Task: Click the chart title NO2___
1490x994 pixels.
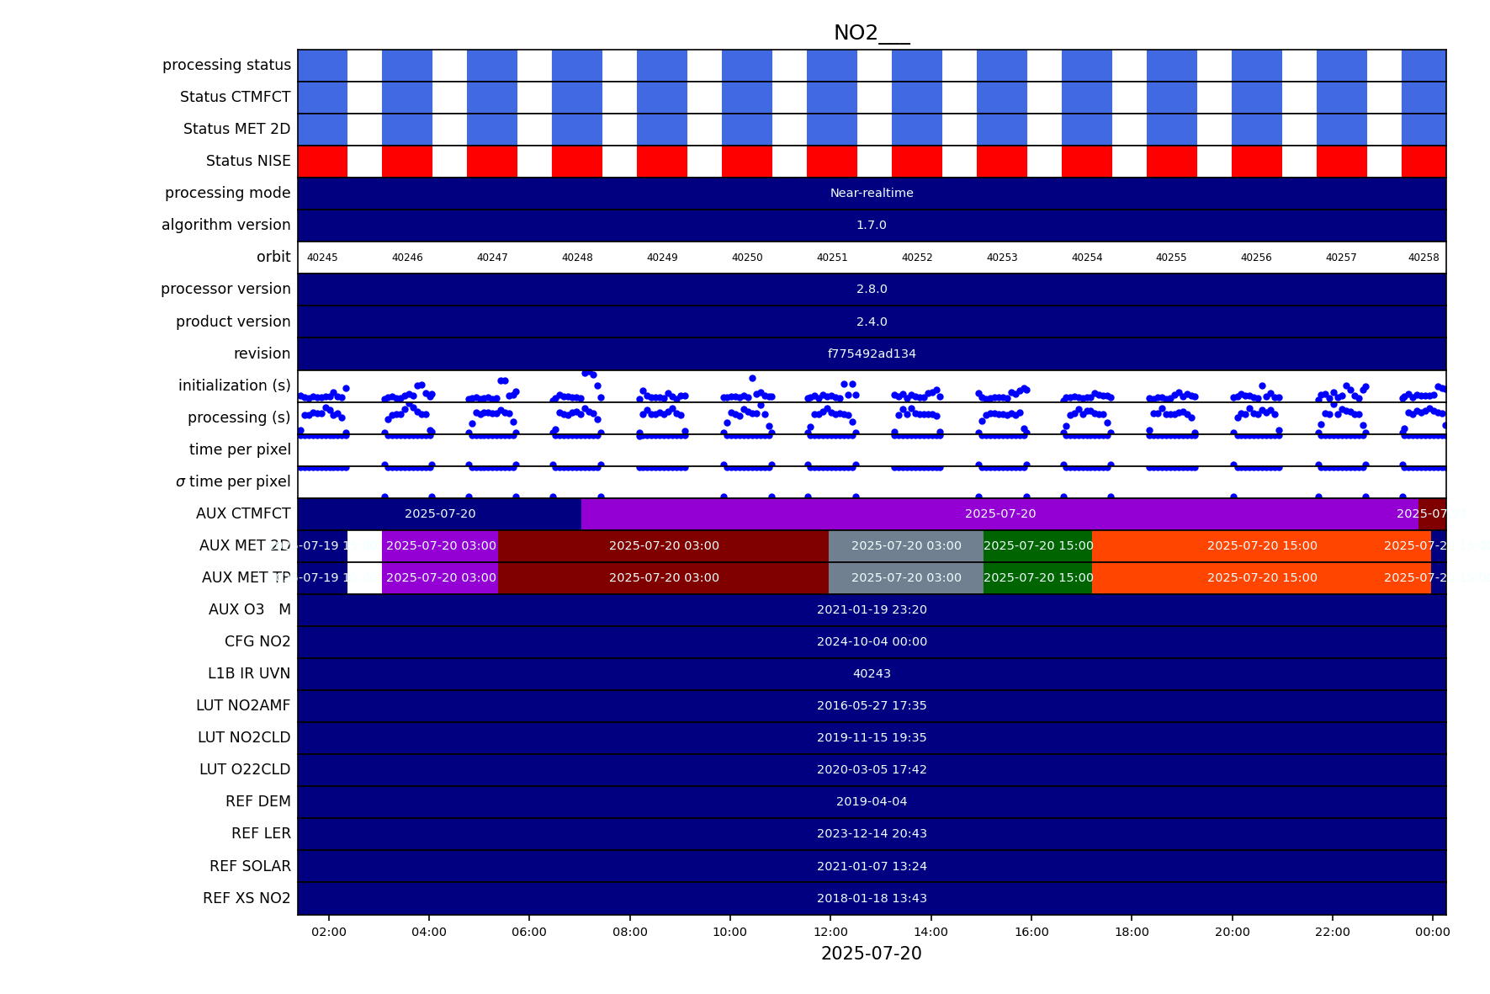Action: click(872, 33)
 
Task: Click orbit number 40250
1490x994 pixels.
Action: click(747, 258)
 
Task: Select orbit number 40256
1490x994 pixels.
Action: click(1256, 258)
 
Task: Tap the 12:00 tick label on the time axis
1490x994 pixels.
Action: click(830, 932)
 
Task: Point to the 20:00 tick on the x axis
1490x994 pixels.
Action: click(1233, 932)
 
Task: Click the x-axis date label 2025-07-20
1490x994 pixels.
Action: click(872, 954)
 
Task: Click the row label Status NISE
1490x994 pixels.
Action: click(248, 161)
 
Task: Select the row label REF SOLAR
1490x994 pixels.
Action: click(250, 866)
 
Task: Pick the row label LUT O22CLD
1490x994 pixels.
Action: click(245, 769)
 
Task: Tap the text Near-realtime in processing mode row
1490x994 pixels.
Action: click(872, 193)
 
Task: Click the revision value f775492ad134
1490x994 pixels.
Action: click(872, 353)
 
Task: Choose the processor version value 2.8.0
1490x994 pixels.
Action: click(872, 289)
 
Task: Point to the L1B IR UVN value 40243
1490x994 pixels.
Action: click(872, 673)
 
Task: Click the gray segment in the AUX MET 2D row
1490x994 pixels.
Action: click(906, 545)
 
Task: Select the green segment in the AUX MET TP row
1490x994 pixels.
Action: click(1038, 577)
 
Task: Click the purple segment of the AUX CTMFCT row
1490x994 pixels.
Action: click(1000, 513)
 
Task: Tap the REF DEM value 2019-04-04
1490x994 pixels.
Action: click(872, 801)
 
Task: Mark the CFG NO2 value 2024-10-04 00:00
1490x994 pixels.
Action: click(872, 641)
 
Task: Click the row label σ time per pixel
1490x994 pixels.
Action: click(233, 481)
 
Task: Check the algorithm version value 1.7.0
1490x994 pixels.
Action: click(872, 225)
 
